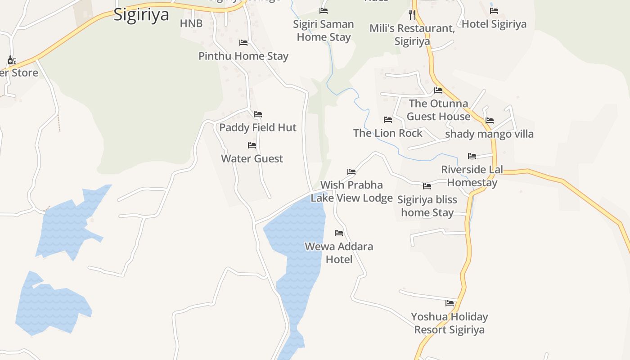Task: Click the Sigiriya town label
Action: (x=141, y=14)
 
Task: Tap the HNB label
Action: (x=191, y=23)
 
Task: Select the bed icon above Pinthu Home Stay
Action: (x=243, y=43)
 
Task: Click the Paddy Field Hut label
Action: (x=258, y=127)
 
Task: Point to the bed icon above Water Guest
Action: (x=252, y=145)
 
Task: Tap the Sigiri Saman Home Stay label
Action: (x=324, y=31)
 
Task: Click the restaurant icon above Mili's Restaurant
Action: (x=412, y=14)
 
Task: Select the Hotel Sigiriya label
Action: (x=494, y=24)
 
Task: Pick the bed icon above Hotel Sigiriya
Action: (x=494, y=11)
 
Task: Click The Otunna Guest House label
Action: (x=438, y=110)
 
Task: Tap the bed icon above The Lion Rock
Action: (x=388, y=120)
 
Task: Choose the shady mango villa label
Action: (x=489, y=134)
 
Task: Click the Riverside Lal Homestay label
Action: (x=472, y=176)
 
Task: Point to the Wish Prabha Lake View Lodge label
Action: (x=352, y=191)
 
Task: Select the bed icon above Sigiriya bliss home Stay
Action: (x=427, y=186)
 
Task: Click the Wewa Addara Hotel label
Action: (x=339, y=253)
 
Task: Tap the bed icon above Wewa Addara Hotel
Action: (x=339, y=233)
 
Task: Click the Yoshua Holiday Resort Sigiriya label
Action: (x=449, y=323)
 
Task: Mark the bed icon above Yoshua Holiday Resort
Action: (x=450, y=303)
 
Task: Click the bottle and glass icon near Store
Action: (x=12, y=60)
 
